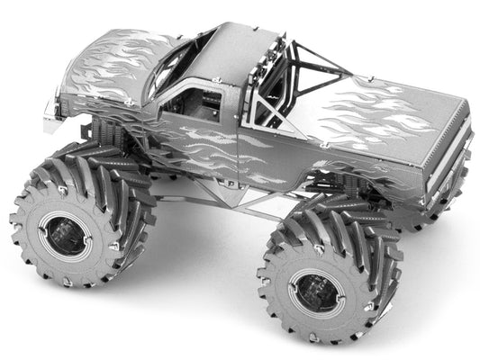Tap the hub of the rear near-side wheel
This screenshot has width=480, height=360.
(x=316, y=293)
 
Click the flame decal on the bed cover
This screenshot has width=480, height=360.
(x=378, y=117)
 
